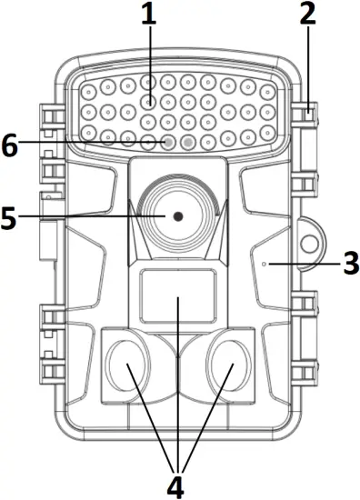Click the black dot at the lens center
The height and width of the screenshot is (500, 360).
click(x=177, y=216)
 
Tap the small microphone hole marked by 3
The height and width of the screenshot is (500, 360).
click(x=264, y=264)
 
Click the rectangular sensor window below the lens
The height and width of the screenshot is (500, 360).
click(x=176, y=296)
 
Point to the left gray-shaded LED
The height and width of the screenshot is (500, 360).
click(x=168, y=142)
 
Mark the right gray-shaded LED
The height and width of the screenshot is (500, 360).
click(x=188, y=142)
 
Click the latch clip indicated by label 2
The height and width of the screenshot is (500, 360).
click(x=309, y=111)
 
